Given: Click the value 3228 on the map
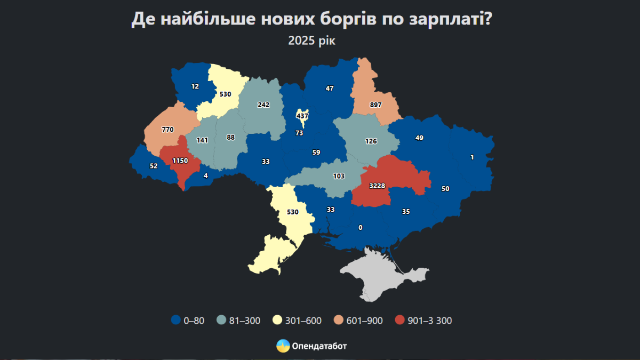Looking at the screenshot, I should [377, 185].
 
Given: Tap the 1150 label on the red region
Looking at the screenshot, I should [180, 161].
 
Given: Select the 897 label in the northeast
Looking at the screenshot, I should [375, 105].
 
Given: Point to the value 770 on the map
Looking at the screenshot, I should [167, 130].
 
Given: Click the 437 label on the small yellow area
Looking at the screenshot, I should [302, 116].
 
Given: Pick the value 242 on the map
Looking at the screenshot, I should [263, 105].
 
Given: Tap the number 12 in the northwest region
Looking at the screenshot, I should [195, 86].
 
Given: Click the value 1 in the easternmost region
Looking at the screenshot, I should [472, 157].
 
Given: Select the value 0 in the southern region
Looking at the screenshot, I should [361, 228].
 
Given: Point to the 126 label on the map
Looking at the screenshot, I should [371, 141].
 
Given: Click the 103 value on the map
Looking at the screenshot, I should [339, 176].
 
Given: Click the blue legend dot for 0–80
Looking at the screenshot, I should [176, 320].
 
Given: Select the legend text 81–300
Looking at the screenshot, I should [245, 320].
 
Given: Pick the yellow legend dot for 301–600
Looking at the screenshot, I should [278, 320].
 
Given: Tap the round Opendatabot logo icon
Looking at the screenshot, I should [283, 346].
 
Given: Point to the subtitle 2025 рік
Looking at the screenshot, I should [312, 41].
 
